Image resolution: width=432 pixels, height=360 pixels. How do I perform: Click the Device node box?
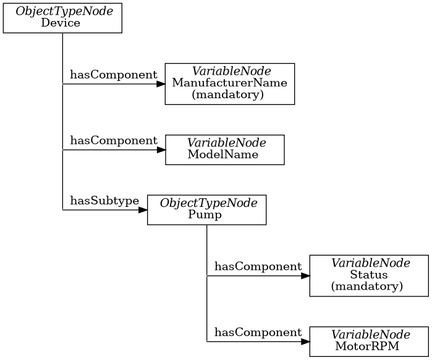[62, 18]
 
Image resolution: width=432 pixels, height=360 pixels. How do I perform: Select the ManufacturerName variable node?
[229, 84]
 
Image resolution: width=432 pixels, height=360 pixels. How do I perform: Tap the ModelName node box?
[224, 149]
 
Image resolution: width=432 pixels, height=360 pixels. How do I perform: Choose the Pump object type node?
[206, 210]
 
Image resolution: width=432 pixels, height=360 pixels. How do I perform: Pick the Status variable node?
[369, 276]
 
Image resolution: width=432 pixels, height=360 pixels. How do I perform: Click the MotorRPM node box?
[369, 341]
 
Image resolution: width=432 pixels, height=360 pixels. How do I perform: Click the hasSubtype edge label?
[104, 201]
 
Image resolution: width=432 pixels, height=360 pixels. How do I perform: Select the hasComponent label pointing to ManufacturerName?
[113, 75]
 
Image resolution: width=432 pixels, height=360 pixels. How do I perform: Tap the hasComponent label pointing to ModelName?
[113, 140]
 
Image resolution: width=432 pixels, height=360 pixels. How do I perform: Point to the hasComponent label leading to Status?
[258, 267]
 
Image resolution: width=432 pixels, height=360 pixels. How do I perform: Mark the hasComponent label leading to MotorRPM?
[258, 332]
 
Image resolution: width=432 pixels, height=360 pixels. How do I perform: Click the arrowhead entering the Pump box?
[143, 210]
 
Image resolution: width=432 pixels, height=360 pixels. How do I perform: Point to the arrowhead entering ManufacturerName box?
[161, 84]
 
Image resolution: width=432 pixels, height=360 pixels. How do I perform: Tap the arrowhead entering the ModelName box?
[161, 149]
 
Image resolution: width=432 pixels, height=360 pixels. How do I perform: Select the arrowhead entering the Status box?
[305, 276]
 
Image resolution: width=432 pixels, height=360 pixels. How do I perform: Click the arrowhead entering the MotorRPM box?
[305, 341]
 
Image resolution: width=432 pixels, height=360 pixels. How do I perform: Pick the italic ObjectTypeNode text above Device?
[62, 12]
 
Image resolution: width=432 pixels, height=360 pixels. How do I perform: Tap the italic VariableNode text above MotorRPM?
[369, 335]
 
